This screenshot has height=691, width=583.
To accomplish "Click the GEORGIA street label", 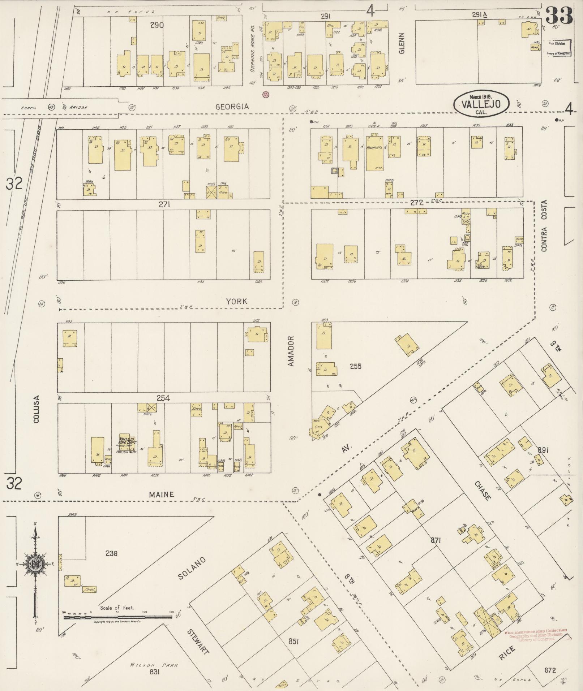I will click(x=232, y=107).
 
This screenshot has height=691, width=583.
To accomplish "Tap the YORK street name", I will click(x=237, y=301).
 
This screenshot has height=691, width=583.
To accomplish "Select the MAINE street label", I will click(x=162, y=495).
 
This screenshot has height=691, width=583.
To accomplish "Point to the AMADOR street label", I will click(x=291, y=351).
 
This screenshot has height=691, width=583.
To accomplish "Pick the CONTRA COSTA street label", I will click(x=544, y=225).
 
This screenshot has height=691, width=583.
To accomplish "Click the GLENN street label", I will click(x=402, y=43).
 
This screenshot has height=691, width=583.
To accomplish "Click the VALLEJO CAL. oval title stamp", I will click(x=481, y=104).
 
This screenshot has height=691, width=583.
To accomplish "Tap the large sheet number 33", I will click(x=559, y=15).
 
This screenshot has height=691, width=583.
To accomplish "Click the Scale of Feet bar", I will click(x=117, y=617).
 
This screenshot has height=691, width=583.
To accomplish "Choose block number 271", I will click(x=164, y=204).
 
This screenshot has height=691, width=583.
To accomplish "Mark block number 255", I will click(x=355, y=366).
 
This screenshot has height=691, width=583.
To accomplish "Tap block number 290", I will click(x=157, y=25).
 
